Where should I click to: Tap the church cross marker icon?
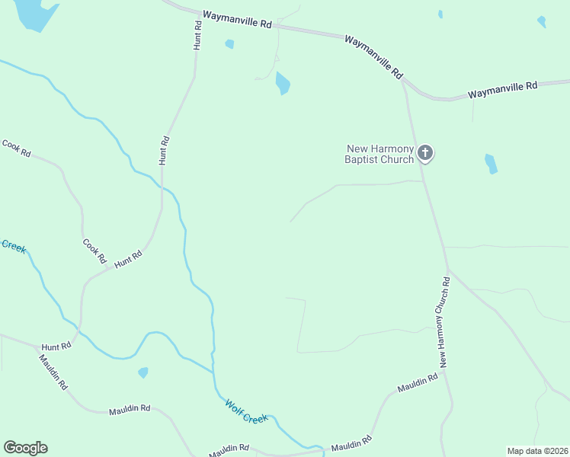[426, 154]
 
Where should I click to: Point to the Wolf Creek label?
[246, 412]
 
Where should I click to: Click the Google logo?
[25, 448]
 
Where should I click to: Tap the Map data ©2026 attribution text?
[536, 450]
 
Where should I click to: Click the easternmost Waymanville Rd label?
[503, 90]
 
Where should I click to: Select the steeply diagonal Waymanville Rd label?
[373, 56]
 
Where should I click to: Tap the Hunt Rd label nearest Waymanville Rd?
[197, 35]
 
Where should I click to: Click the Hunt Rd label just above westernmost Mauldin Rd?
[56, 346]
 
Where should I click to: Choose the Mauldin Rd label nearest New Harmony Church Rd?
[418, 383]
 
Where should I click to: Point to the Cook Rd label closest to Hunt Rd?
[94, 251]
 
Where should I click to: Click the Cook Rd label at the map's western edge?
[16, 148]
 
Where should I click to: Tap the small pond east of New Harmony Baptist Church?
[491, 164]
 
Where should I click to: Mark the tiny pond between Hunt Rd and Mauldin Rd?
[142, 372]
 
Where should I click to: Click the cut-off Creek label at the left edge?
[13, 246]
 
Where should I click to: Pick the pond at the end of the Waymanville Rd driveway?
[283, 82]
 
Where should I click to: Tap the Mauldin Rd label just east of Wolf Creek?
[351, 443]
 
